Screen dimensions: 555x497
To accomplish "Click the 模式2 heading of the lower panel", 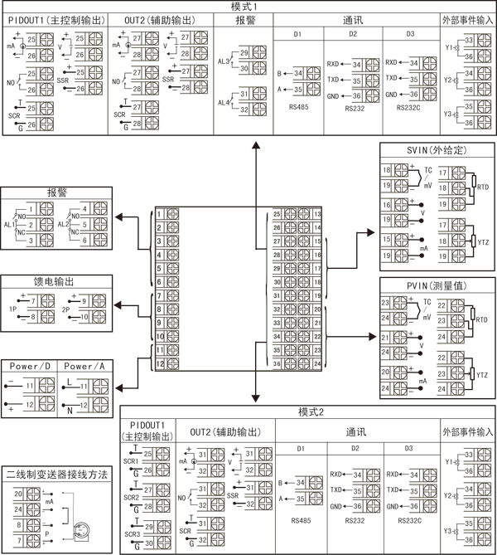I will point(309,412).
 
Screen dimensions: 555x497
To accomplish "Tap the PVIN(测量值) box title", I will point(437,285).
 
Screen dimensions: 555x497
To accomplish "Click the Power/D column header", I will point(29,367).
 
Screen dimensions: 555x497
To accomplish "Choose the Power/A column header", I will point(85,367).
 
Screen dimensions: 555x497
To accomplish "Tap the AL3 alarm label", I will point(224,61).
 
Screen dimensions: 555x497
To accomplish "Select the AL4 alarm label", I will point(224,103).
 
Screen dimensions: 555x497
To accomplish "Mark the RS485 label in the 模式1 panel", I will point(297,107).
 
